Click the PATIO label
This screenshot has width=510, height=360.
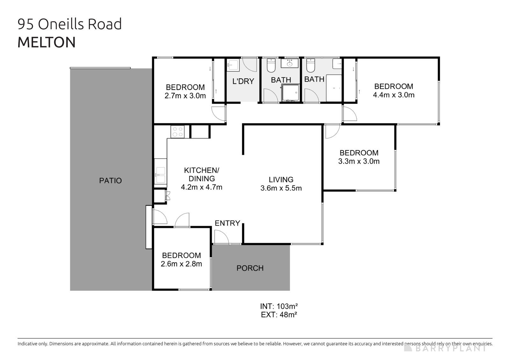110,181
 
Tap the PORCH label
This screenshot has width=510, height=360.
250,268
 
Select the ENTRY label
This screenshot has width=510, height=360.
227,223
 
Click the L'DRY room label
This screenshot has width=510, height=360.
243,81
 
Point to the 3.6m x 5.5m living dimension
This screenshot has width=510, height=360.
281,188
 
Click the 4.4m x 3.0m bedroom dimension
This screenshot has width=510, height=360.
394,95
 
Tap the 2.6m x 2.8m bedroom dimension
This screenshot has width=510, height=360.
181,264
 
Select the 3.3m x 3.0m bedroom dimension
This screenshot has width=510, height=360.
359,161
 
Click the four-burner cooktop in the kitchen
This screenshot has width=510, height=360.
178,132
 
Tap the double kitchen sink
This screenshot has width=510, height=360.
160,175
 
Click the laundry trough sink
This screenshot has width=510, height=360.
232,66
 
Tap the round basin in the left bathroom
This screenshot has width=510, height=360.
289,64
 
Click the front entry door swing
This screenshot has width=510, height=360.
221,237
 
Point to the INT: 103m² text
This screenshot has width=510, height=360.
279,306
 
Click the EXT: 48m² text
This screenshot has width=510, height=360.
279,315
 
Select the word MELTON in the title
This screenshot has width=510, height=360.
47,43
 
